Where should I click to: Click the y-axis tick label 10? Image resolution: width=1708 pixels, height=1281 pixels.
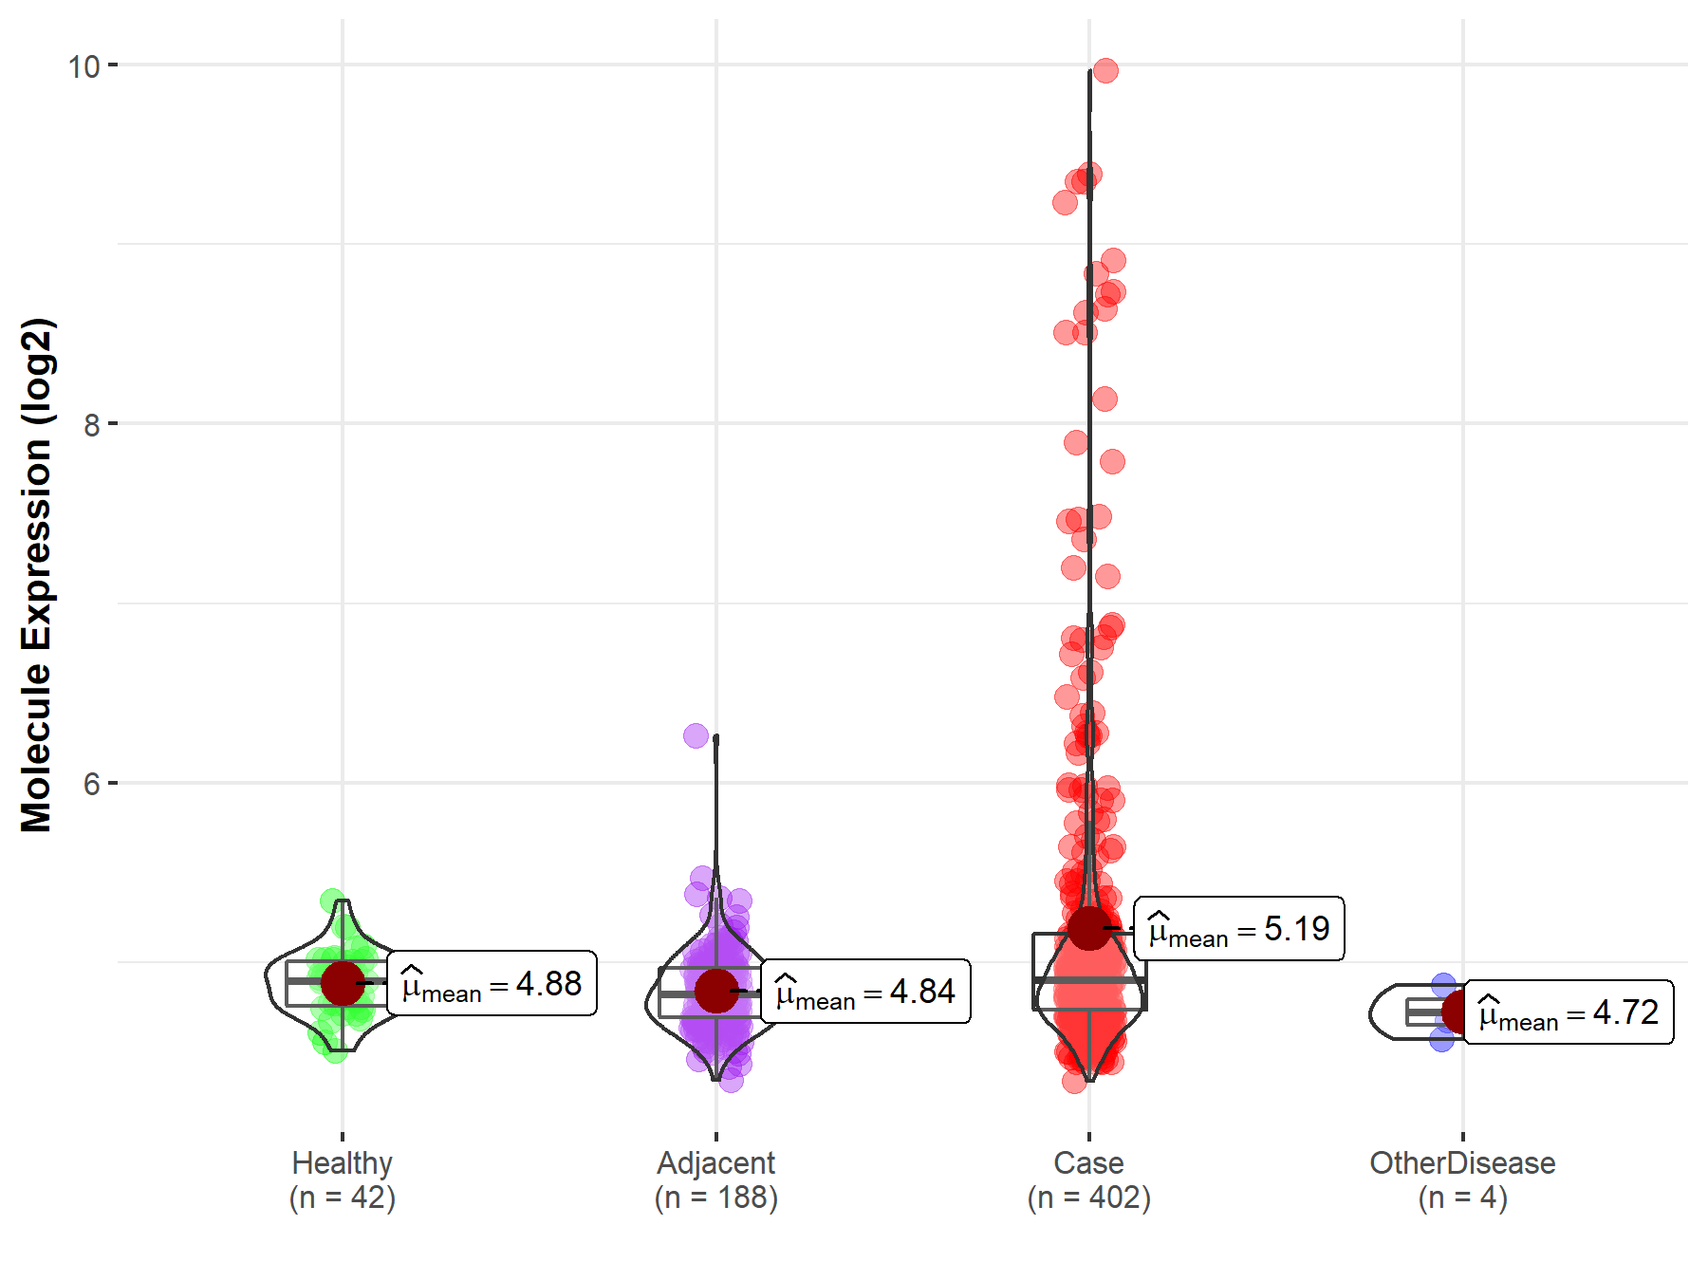[x=84, y=66]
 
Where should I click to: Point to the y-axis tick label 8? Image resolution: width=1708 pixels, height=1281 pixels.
[x=91, y=425]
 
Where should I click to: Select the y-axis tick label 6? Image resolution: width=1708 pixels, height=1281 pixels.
[x=91, y=784]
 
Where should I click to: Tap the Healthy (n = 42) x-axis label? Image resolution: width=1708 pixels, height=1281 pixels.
[x=342, y=1179]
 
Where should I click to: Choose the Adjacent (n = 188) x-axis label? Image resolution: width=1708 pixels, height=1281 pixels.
[x=715, y=1179]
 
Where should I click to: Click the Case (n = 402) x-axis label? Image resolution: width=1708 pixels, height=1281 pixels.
[x=1088, y=1179]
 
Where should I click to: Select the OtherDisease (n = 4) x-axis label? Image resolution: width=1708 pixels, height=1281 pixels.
[x=1462, y=1179]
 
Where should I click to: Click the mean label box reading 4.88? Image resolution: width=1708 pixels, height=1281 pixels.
[x=492, y=984]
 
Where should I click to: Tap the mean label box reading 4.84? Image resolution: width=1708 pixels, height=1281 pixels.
[x=865, y=992]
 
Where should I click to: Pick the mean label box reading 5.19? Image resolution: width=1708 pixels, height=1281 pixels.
[x=1239, y=929]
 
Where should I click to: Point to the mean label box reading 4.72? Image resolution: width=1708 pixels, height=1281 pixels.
[x=1569, y=1012]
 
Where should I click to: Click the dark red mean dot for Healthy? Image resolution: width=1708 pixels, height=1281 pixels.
[x=342, y=983]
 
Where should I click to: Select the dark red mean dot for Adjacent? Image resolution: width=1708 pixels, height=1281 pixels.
[x=715, y=991]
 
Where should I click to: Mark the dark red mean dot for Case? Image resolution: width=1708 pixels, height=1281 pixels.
[x=1088, y=928]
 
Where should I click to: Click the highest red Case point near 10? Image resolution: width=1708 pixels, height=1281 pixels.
[x=1105, y=70]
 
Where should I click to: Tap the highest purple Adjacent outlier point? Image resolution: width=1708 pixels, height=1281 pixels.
[x=696, y=735]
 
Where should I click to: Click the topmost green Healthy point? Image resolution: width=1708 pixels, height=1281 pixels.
[x=332, y=900]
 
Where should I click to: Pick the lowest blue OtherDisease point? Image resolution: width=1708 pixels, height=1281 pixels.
[x=1442, y=1039]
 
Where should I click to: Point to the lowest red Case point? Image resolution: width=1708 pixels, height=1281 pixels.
[x=1074, y=1081]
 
